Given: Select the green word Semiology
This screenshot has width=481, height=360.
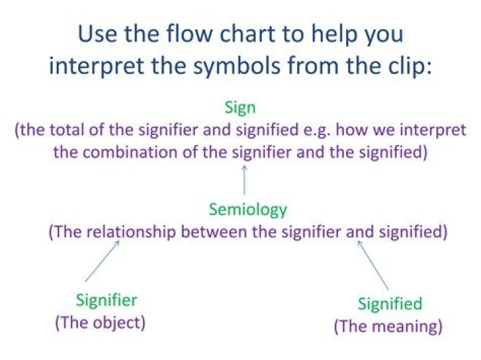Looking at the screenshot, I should click(247, 210).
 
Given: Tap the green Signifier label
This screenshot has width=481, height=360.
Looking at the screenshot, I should click(106, 300).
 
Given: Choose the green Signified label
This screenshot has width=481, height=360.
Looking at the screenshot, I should click(389, 304).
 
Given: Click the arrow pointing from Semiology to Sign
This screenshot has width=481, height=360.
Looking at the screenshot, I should click(245, 180).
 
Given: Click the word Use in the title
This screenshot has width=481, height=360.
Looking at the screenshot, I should click(98, 34).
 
